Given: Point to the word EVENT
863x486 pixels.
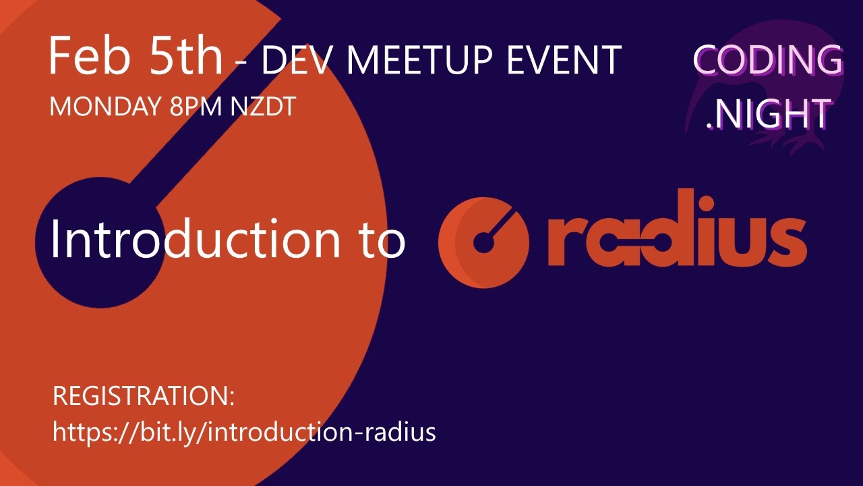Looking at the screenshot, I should pos(564,61).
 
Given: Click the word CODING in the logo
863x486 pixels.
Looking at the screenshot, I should pos(767,61).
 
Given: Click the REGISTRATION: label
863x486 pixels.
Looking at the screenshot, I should pos(144,397).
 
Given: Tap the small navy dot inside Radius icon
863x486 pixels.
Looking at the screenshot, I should pos(482,244).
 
